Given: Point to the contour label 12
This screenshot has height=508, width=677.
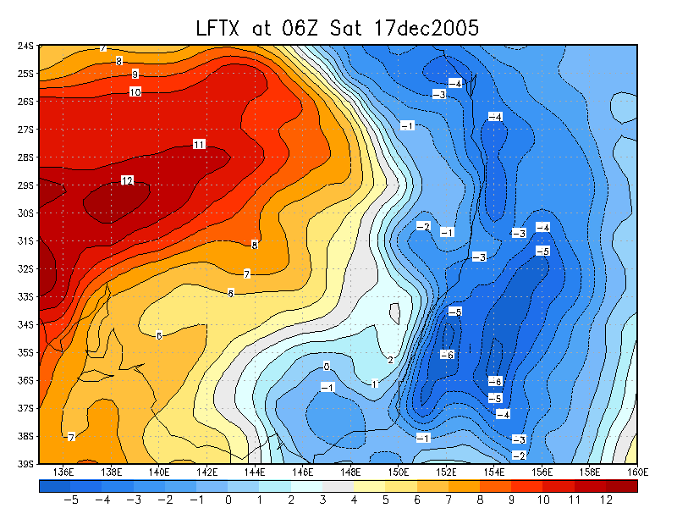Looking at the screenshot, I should point(127,180).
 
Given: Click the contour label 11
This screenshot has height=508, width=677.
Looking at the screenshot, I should point(199,144).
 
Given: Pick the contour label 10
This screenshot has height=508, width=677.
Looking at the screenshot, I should point(135,91).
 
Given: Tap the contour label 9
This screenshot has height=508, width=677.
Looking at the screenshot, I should point(135,75).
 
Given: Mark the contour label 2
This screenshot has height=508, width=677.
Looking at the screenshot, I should point(390,360).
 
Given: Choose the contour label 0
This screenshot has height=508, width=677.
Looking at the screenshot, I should point(326,366).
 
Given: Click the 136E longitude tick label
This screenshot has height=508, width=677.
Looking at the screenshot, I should point(63,472).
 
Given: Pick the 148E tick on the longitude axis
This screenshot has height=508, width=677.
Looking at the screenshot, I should point(350,472).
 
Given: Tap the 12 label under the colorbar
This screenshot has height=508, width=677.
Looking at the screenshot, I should point(606,500).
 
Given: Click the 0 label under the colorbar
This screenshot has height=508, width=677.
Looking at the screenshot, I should point(228,500).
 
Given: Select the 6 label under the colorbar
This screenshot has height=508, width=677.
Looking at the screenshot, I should point(417,500).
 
